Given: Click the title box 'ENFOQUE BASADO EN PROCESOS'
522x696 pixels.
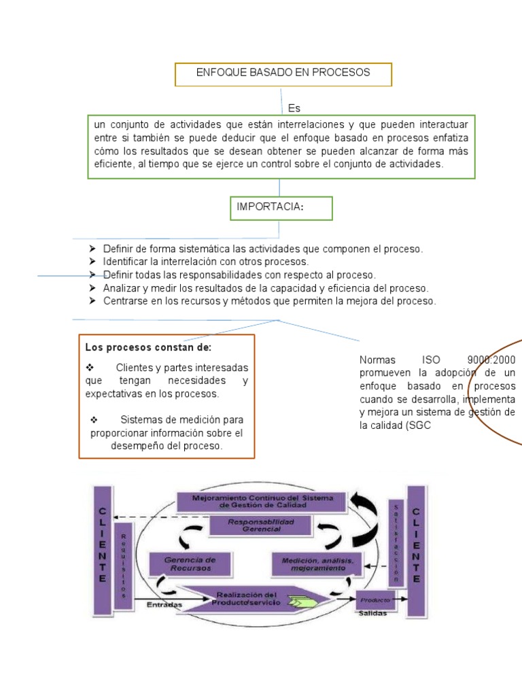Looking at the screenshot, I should click(283, 73).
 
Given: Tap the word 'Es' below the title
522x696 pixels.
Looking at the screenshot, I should click(294, 108).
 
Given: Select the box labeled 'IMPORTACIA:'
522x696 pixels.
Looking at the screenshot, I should click(281, 208).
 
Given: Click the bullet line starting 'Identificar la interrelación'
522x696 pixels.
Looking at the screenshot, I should click(205, 262).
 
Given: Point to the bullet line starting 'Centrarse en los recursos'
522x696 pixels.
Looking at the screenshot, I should click(269, 300).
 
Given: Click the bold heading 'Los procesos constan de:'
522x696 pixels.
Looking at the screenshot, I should click(148, 347).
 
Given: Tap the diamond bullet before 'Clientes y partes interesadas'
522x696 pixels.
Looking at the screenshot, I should click(90, 368).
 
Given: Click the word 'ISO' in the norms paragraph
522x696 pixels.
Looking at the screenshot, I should click(431, 360).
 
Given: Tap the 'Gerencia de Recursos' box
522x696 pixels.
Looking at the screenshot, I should click(188, 563).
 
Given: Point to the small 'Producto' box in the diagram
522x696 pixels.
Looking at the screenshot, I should click(375, 599).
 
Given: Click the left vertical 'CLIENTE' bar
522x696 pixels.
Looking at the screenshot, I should click(103, 544).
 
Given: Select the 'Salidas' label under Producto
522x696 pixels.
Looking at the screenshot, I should click(373, 613).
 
